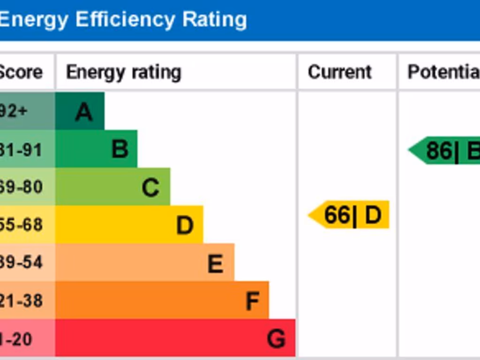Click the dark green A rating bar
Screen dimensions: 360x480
80,111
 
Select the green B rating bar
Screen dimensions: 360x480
97,149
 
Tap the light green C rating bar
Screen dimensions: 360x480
113,187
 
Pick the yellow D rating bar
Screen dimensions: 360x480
129,225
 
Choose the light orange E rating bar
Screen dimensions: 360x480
145,262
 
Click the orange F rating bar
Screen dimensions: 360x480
162,300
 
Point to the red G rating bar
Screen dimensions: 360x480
175,338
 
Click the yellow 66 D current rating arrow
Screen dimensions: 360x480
350,215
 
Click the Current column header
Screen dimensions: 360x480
340,72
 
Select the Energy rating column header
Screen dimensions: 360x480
123,72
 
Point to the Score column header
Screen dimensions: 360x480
21,72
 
